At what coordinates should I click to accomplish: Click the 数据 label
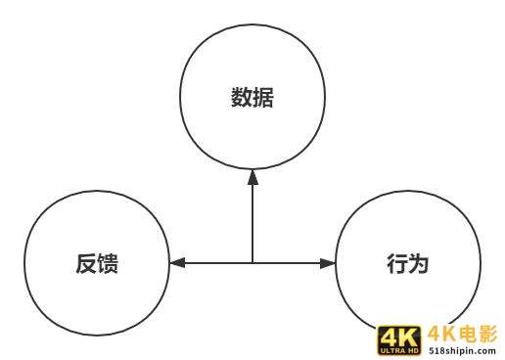[252, 98]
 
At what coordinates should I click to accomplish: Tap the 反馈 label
[96, 263]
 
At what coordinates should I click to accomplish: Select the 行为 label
[408, 263]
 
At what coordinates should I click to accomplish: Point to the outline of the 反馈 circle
[23, 263]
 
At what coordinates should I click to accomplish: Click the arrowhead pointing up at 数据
[252, 177]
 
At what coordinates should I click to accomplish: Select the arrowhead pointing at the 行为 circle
[328, 263]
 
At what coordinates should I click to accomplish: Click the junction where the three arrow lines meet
[252, 263]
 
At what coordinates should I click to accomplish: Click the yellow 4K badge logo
[398, 339]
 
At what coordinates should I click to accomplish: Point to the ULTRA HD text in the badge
[398, 350]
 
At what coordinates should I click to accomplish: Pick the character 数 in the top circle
[242, 98]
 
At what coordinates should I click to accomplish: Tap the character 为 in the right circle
[419, 263]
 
